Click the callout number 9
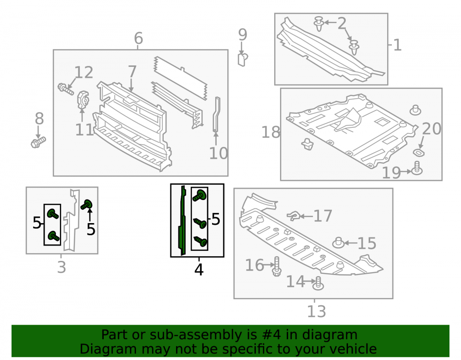242,35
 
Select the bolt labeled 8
38,142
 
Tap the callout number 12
84,72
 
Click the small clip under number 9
242,59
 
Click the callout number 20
431,129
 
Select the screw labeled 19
417,168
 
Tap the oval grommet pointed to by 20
419,153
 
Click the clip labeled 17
294,216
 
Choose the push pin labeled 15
338,243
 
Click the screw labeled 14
318,283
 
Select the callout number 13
317,312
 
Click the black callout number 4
199,270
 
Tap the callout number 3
61,267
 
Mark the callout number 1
397,45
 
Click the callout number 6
138,38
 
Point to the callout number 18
271,132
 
